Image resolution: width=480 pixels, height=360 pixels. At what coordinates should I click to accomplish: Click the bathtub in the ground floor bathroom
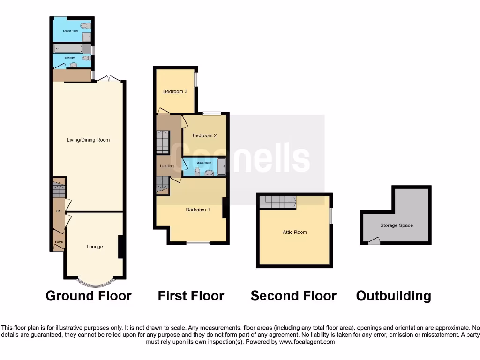68,49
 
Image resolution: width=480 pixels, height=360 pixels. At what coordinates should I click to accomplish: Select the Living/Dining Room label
89,140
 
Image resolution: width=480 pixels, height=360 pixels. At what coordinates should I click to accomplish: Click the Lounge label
95,247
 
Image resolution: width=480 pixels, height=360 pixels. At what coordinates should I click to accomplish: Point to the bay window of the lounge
95,283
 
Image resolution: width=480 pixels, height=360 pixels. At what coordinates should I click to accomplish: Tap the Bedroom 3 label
175,91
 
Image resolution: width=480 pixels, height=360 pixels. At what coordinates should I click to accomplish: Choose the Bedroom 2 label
204,135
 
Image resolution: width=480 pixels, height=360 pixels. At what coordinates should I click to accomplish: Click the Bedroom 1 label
198,210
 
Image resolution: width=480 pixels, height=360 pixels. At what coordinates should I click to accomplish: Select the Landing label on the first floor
167,166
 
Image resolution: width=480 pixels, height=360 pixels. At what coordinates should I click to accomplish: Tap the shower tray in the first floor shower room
222,165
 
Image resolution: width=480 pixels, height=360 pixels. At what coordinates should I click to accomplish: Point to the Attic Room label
295,232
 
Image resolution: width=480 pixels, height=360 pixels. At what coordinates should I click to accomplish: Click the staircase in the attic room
278,202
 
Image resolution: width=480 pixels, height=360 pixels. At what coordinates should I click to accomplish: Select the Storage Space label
397,225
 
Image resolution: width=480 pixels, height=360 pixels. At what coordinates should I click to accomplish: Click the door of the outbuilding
374,241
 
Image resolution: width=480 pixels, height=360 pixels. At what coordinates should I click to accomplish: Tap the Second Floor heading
293,296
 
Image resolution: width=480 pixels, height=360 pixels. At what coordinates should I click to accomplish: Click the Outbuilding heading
394,296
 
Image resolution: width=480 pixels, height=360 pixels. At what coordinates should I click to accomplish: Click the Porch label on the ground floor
59,242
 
